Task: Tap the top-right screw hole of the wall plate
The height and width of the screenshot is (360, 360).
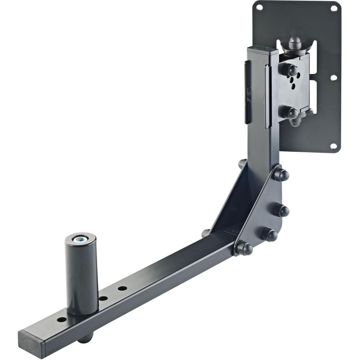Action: (x=334, y=8)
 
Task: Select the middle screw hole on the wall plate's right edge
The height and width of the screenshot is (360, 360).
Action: (x=333, y=77)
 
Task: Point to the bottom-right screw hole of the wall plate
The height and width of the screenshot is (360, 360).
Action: (x=333, y=146)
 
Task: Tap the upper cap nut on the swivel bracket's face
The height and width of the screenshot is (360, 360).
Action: (x=290, y=69)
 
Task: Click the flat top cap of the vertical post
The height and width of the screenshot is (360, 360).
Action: (x=262, y=49)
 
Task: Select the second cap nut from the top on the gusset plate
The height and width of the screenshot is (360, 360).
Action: (x=281, y=210)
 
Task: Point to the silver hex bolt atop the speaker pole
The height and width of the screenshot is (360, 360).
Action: (x=80, y=239)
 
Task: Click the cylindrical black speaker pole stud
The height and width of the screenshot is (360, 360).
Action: (x=81, y=274)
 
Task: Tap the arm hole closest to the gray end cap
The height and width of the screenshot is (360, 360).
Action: (x=62, y=320)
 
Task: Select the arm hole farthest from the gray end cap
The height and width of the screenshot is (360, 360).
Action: (x=122, y=288)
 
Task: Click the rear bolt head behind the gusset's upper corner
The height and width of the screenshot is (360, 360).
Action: (x=242, y=164)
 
